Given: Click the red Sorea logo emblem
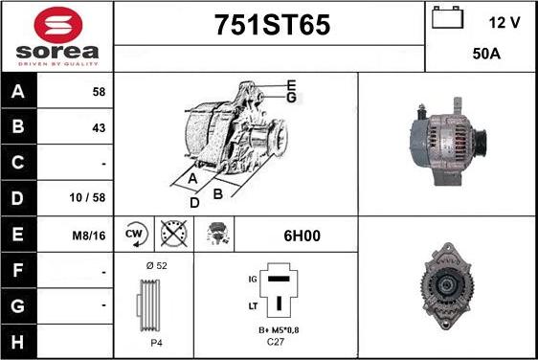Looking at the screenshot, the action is tap(58, 25).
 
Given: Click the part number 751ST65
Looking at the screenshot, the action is tap(273, 25).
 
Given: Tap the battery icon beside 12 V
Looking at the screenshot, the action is tap(447, 17).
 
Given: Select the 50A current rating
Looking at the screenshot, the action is tap(486, 54).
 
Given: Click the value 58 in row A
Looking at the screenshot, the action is tap(99, 92).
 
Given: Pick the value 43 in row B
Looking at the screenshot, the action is tap(99, 128).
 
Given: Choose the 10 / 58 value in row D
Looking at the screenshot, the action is tap(87, 197).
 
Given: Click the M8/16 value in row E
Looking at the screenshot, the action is tap(89, 236).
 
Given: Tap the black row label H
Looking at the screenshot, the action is tap(18, 342).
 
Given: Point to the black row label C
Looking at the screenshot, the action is tap(18, 163).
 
